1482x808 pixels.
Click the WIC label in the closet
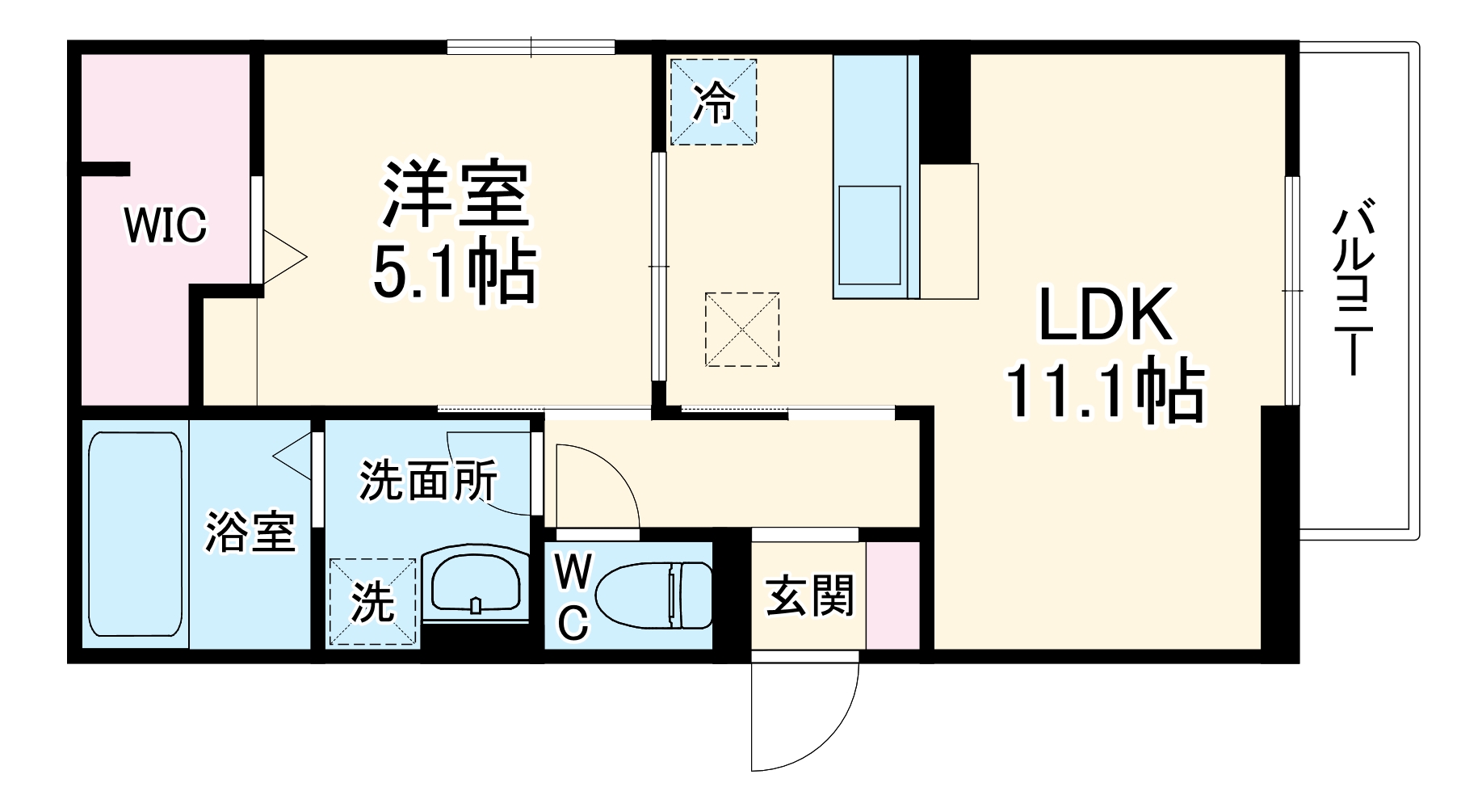(166, 225)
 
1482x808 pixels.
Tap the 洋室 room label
(456, 195)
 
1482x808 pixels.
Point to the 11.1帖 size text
(1103, 392)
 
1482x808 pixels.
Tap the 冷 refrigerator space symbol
(714, 102)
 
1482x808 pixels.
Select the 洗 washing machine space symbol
(372, 602)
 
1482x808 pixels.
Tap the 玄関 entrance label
(808, 596)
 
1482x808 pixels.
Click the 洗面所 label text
(428, 482)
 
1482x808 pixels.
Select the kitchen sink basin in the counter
(869, 235)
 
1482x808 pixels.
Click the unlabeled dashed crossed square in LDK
(742, 330)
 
